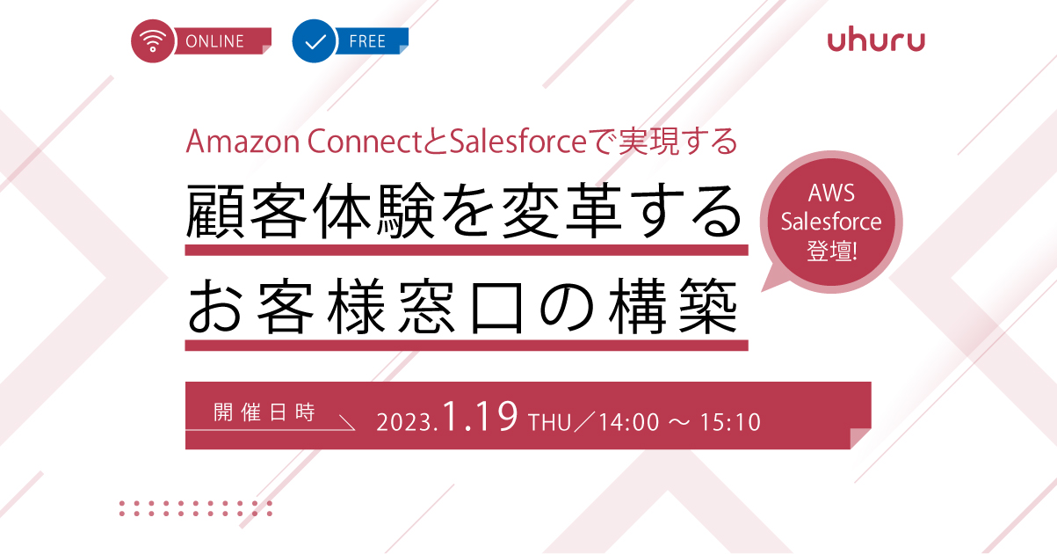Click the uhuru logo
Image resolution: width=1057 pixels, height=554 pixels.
(x=876, y=41)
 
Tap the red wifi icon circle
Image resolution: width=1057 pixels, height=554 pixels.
(x=152, y=41)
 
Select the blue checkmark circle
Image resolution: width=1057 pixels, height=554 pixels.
(x=314, y=41)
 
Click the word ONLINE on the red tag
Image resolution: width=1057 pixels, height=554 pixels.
(x=214, y=41)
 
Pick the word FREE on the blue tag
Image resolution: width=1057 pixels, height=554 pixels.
(x=367, y=41)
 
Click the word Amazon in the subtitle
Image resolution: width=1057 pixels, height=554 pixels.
(x=243, y=142)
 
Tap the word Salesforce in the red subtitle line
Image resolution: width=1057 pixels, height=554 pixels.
(x=518, y=142)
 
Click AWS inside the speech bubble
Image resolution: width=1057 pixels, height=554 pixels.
(x=831, y=193)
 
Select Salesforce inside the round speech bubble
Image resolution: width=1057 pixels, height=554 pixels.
(x=831, y=222)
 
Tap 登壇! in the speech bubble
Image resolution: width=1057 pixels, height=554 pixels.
(x=831, y=251)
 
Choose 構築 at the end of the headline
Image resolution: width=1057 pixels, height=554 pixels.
(x=673, y=306)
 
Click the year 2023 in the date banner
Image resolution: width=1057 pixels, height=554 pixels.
(x=403, y=422)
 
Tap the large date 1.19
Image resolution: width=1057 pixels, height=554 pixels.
(x=481, y=417)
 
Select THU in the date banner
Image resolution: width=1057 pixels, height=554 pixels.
(x=550, y=422)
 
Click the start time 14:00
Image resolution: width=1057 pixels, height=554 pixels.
(x=629, y=422)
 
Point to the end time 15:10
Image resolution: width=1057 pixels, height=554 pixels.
(x=730, y=422)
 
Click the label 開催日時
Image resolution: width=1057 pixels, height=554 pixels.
(x=264, y=412)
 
